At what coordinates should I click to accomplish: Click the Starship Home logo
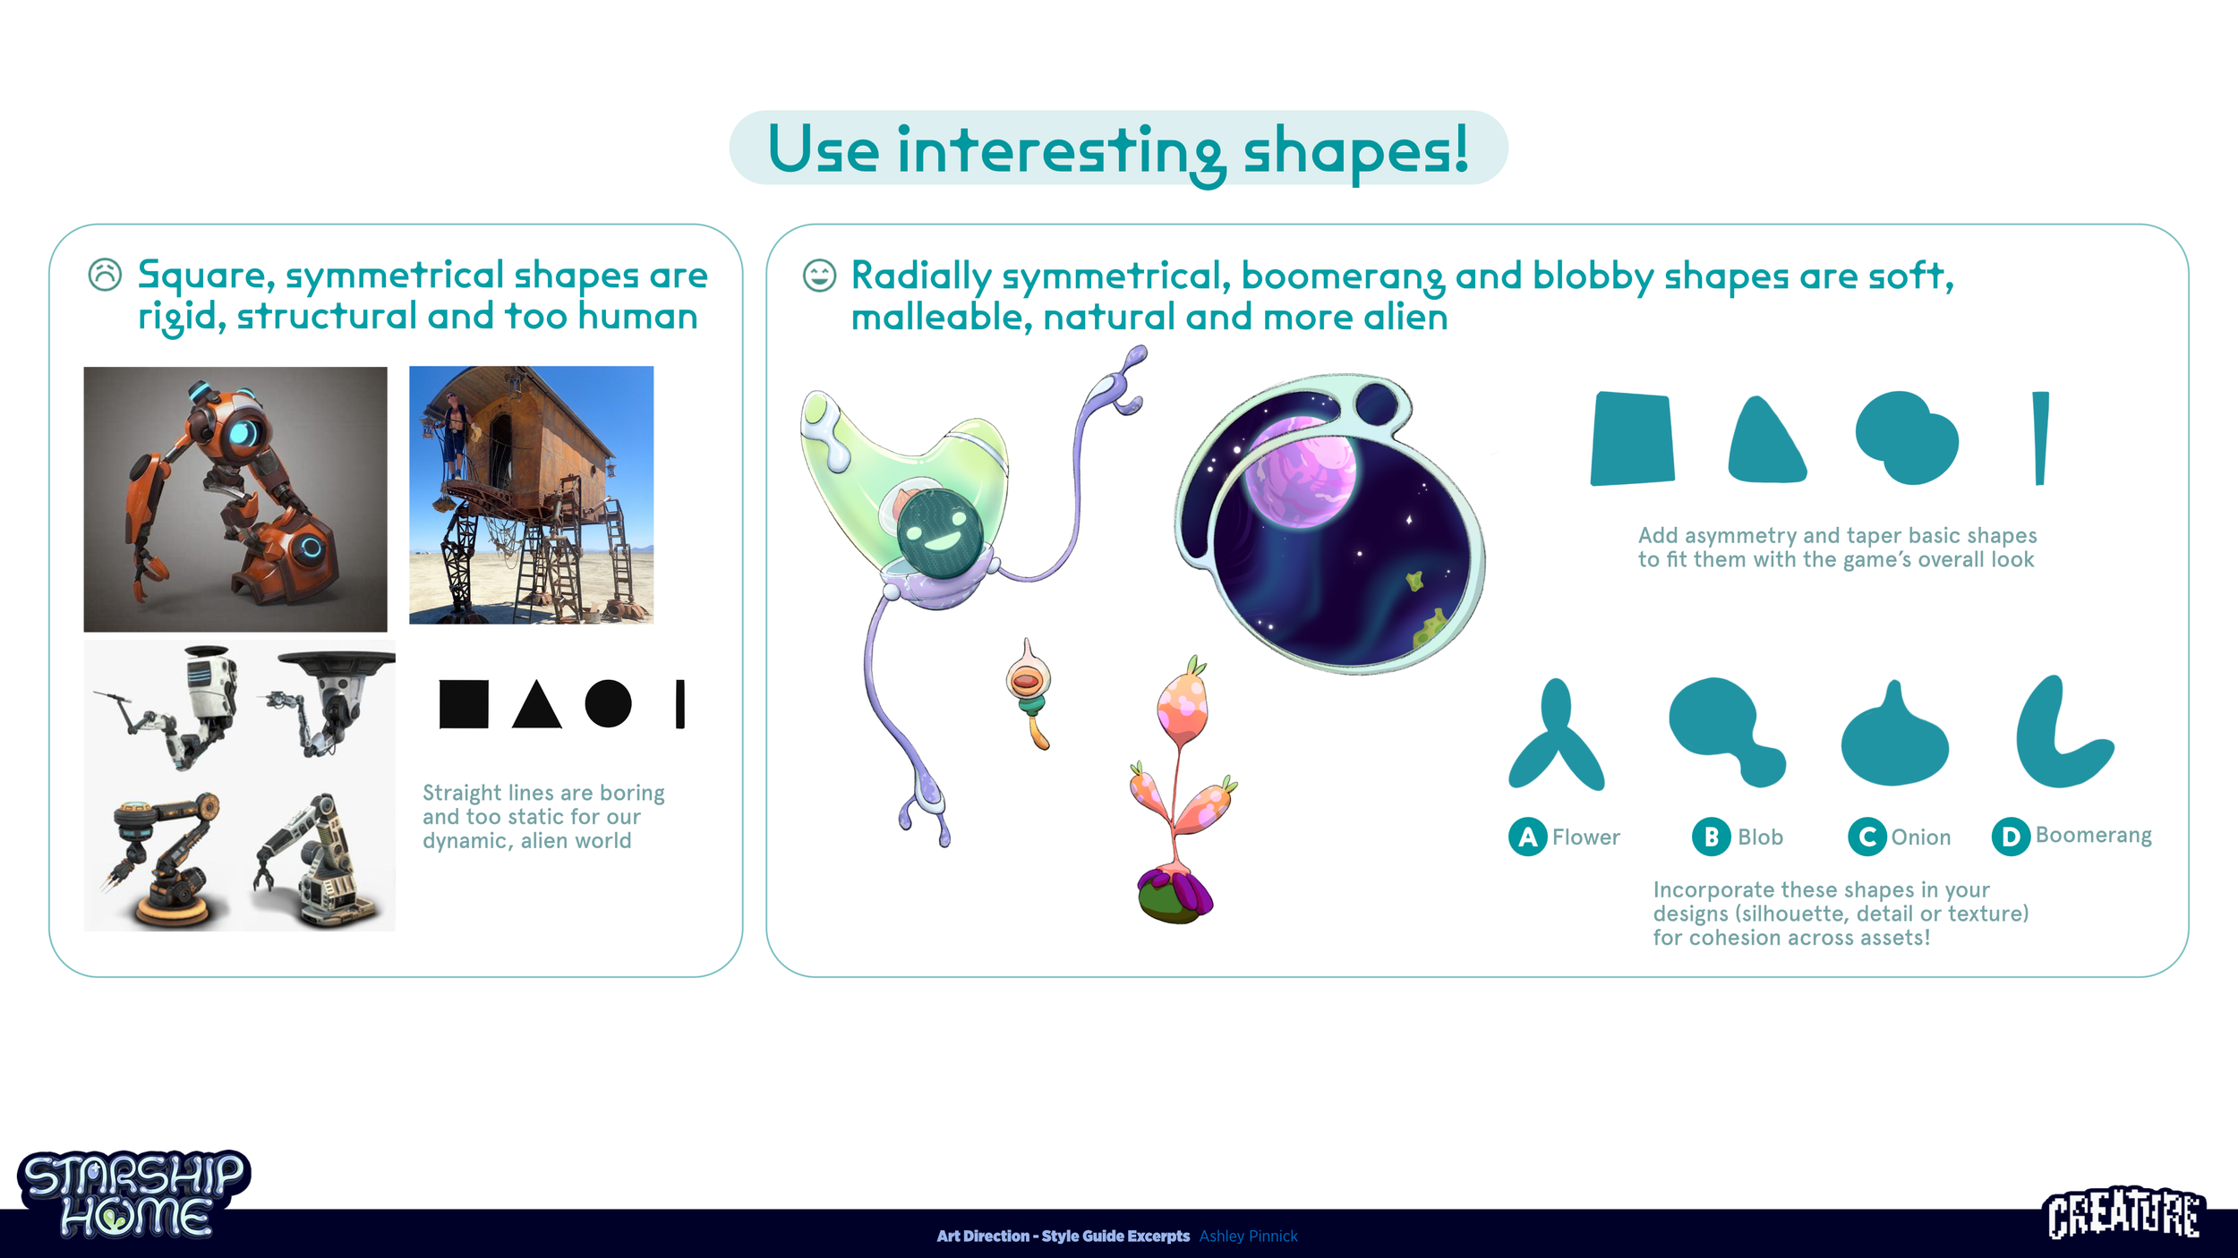pyautogui.click(x=134, y=1194)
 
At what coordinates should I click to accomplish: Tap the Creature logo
pyautogui.click(x=2124, y=1214)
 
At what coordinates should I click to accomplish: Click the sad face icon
pyautogui.click(x=105, y=275)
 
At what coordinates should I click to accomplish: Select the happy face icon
pyautogui.click(x=819, y=276)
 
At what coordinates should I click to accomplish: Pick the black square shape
pyautogui.click(x=464, y=704)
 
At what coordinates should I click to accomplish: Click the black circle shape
pyautogui.click(x=609, y=703)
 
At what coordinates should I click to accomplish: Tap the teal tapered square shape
pyautogui.click(x=1632, y=439)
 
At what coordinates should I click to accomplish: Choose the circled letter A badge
pyautogui.click(x=1527, y=837)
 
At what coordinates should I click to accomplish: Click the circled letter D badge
pyautogui.click(x=2011, y=837)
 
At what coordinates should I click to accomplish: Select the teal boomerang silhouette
pyautogui.click(x=2055, y=739)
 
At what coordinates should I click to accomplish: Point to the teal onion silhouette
pyautogui.click(x=1894, y=741)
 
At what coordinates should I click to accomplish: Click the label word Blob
pyautogui.click(x=1760, y=837)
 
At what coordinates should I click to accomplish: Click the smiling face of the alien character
pyautogui.click(x=940, y=534)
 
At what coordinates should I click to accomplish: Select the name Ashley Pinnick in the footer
pyautogui.click(x=1248, y=1236)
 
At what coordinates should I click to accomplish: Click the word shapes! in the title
pyautogui.click(x=1355, y=149)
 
